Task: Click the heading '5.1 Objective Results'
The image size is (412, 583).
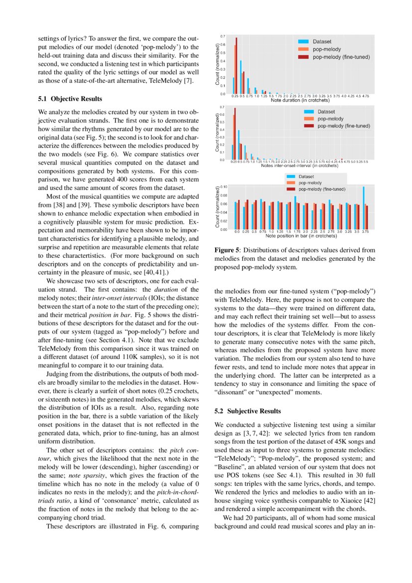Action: coord(70,99)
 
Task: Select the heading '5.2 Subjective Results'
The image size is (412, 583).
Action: coord(248,411)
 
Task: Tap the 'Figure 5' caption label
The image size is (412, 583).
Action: coord(227,249)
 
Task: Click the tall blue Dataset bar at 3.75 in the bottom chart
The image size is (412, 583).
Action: coord(364,208)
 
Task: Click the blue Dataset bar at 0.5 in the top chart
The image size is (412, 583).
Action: coord(241,77)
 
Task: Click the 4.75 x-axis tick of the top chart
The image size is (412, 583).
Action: coord(366,95)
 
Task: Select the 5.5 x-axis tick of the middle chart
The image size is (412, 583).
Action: coord(366,162)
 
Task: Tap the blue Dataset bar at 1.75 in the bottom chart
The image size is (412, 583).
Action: coord(295,212)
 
